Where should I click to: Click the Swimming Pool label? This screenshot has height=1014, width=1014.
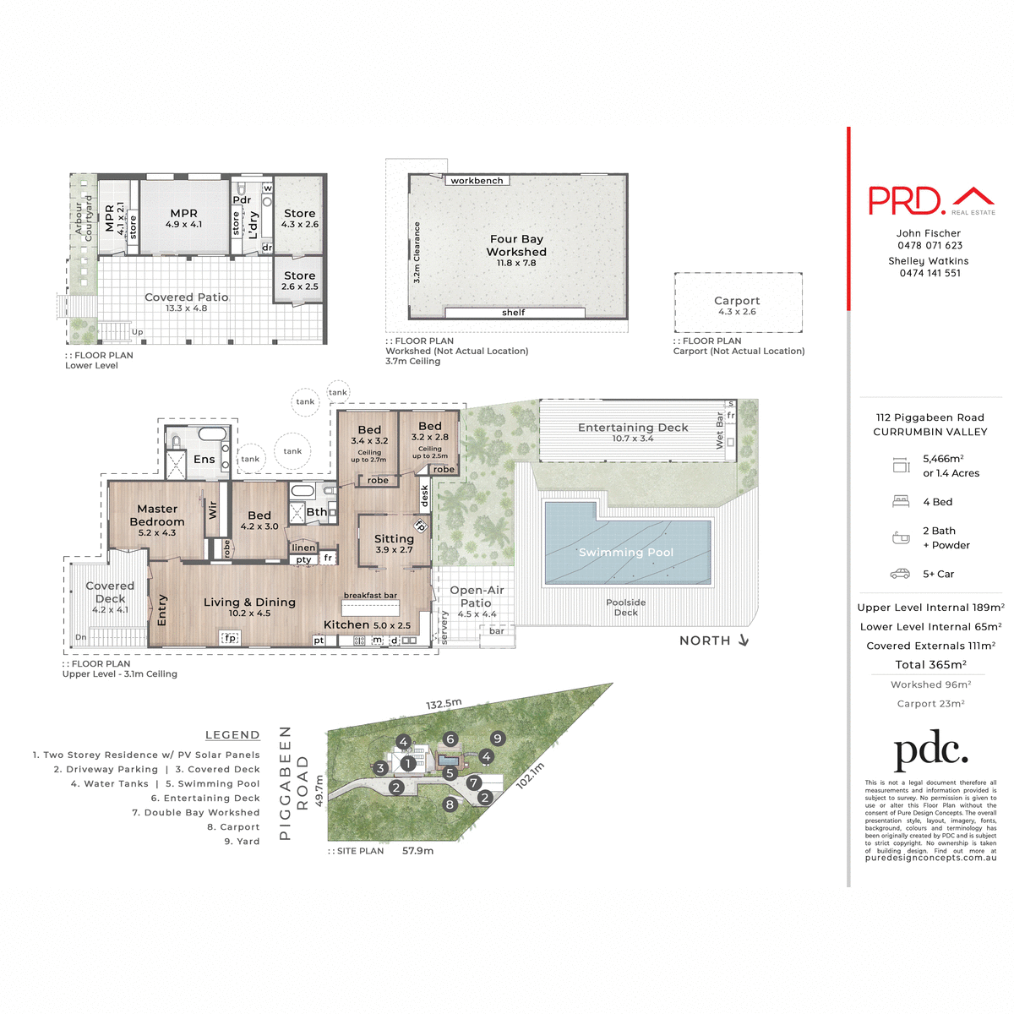[625, 553]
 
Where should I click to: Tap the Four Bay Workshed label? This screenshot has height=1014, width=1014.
[516, 246]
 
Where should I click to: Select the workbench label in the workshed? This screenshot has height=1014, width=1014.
[477, 181]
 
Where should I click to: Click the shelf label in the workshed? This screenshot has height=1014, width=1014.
[513, 313]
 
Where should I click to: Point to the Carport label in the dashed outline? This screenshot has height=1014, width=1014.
[737, 301]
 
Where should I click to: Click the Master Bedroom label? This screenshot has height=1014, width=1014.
[157, 515]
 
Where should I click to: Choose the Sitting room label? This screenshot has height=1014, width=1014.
[394, 539]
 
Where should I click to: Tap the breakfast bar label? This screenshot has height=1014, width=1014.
[369, 596]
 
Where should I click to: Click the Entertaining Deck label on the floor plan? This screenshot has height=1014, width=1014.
[633, 428]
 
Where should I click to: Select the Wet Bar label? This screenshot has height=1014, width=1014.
[720, 430]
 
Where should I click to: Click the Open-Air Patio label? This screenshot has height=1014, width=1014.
[477, 597]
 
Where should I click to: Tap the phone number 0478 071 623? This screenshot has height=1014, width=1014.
[929, 246]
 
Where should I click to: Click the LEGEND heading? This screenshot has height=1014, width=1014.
[232, 735]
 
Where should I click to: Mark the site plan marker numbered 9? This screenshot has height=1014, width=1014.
[498, 739]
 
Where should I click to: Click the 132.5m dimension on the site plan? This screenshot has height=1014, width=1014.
[444, 704]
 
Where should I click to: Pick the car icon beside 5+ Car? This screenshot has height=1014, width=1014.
[900, 574]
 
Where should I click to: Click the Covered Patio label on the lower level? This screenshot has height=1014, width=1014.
[187, 297]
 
